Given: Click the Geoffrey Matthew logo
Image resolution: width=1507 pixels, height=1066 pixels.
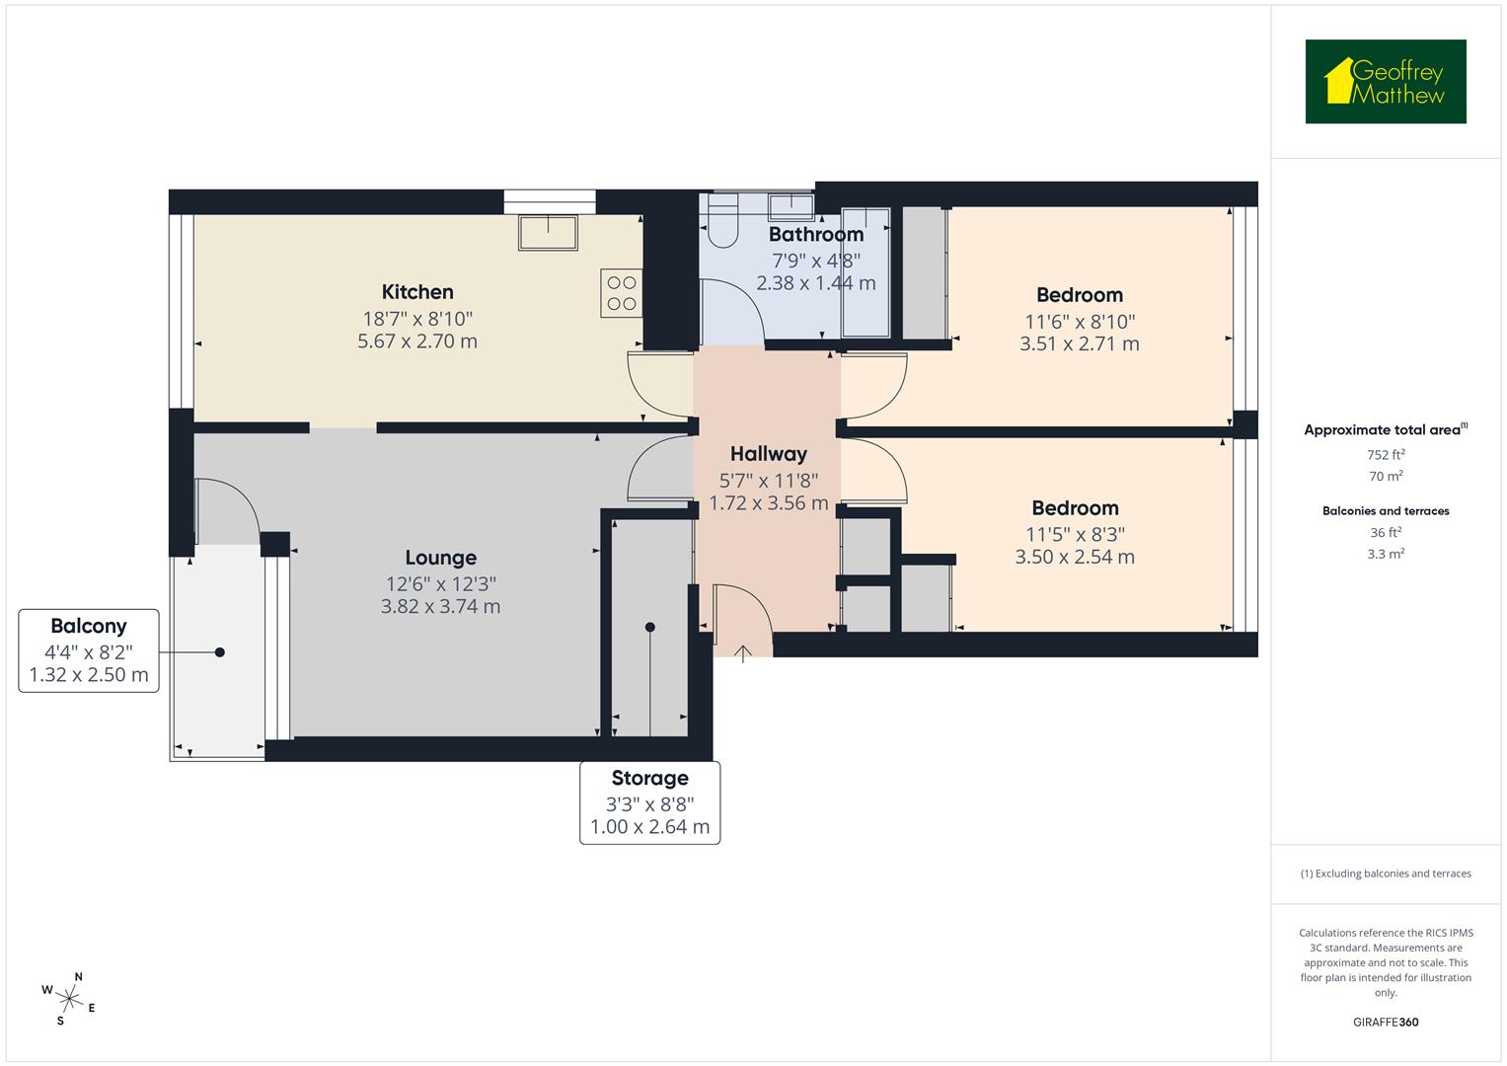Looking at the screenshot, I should coord(1385,82).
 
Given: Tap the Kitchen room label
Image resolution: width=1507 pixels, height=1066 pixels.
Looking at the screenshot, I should coord(417,292).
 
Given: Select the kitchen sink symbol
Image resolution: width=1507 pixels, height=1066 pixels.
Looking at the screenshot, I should coord(549,233).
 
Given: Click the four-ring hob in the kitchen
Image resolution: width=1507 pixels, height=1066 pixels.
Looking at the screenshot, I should coord(622,293).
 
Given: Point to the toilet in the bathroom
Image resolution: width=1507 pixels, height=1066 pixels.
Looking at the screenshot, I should coord(723,222).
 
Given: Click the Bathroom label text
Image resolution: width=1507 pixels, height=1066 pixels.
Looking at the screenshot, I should coord(815,235).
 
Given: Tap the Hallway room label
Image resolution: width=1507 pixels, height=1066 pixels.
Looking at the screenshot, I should coord(768,454).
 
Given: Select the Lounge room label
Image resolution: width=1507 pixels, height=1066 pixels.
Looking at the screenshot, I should coord(440,559).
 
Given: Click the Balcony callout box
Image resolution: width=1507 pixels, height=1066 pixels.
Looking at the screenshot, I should coord(89,650).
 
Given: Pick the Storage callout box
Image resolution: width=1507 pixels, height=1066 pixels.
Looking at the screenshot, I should coord(649,802).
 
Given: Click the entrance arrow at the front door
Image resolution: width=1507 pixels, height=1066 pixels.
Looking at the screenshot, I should coord(743,651).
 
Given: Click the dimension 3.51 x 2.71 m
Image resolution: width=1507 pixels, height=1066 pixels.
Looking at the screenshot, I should coord(1079,344).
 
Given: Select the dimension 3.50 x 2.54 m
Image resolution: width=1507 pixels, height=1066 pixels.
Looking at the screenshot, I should coord(1075,557).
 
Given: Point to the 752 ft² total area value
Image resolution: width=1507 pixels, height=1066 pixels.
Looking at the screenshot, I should coord(1386,455).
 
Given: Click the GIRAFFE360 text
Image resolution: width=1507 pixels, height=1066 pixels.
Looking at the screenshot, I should coord(1386,1022).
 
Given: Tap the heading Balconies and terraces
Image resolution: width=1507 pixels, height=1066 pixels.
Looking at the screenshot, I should coord(1386,511).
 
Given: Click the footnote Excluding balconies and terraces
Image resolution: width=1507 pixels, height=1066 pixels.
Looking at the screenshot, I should coord(1386,874).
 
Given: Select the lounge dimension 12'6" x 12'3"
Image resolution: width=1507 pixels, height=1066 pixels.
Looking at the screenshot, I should coord(440,583).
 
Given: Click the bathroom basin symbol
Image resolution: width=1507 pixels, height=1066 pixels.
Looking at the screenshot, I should coord(791,206).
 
